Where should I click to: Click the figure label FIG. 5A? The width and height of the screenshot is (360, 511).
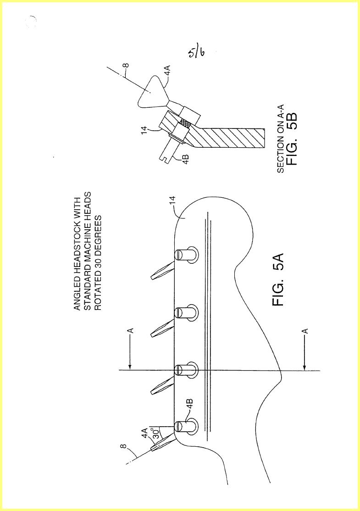coord(279,280)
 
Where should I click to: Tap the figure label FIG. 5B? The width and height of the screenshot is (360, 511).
coord(291,139)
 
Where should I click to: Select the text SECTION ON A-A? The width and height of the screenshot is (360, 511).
coord(280,139)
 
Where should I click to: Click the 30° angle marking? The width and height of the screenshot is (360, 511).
coord(156,433)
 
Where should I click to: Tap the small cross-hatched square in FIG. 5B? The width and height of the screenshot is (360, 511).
coord(185,123)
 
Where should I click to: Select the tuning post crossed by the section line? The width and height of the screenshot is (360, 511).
coord(186,370)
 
